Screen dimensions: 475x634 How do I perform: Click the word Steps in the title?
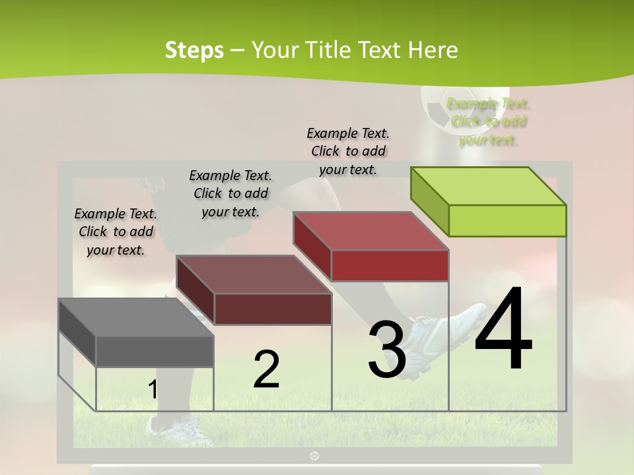click(x=194, y=50)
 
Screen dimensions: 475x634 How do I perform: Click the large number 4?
click(x=503, y=330)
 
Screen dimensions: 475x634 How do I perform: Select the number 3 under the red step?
click(x=387, y=350)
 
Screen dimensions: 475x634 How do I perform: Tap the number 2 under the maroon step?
click(x=266, y=369)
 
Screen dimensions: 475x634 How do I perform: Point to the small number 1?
click(x=153, y=390)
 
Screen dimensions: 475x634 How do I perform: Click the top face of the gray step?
click(x=135, y=317)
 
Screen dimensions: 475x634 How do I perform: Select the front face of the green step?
click(x=507, y=220)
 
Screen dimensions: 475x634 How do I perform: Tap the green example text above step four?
click(x=489, y=121)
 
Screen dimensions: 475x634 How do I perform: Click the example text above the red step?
click(x=348, y=151)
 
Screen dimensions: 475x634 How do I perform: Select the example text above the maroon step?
click(x=230, y=193)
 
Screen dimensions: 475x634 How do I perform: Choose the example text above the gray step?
click(x=116, y=232)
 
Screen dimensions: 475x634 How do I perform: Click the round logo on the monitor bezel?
click(x=315, y=455)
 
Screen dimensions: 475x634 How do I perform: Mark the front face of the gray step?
click(x=155, y=351)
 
